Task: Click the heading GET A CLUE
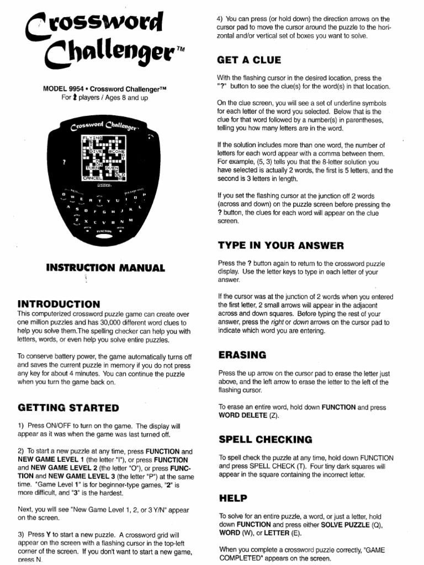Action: pyautogui.click(x=250, y=60)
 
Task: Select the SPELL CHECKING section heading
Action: pyautogui.click(x=265, y=440)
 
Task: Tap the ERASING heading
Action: pyautogui.click(x=242, y=355)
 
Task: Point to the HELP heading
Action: pyautogui.click(x=234, y=498)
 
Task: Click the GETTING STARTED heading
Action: pyautogui.click(x=68, y=408)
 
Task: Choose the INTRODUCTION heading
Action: pyautogui.click(x=59, y=304)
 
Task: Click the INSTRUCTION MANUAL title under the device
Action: pyautogui.click(x=105, y=268)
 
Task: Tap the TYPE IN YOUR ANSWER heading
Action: pyautogui.click(x=281, y=246)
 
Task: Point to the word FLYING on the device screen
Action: pyautogui.click(x=92, y=136)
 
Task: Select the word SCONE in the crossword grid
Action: pyautogui.click(x=116, y=151)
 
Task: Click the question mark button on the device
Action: pyautogui.click(x=65, y=162)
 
